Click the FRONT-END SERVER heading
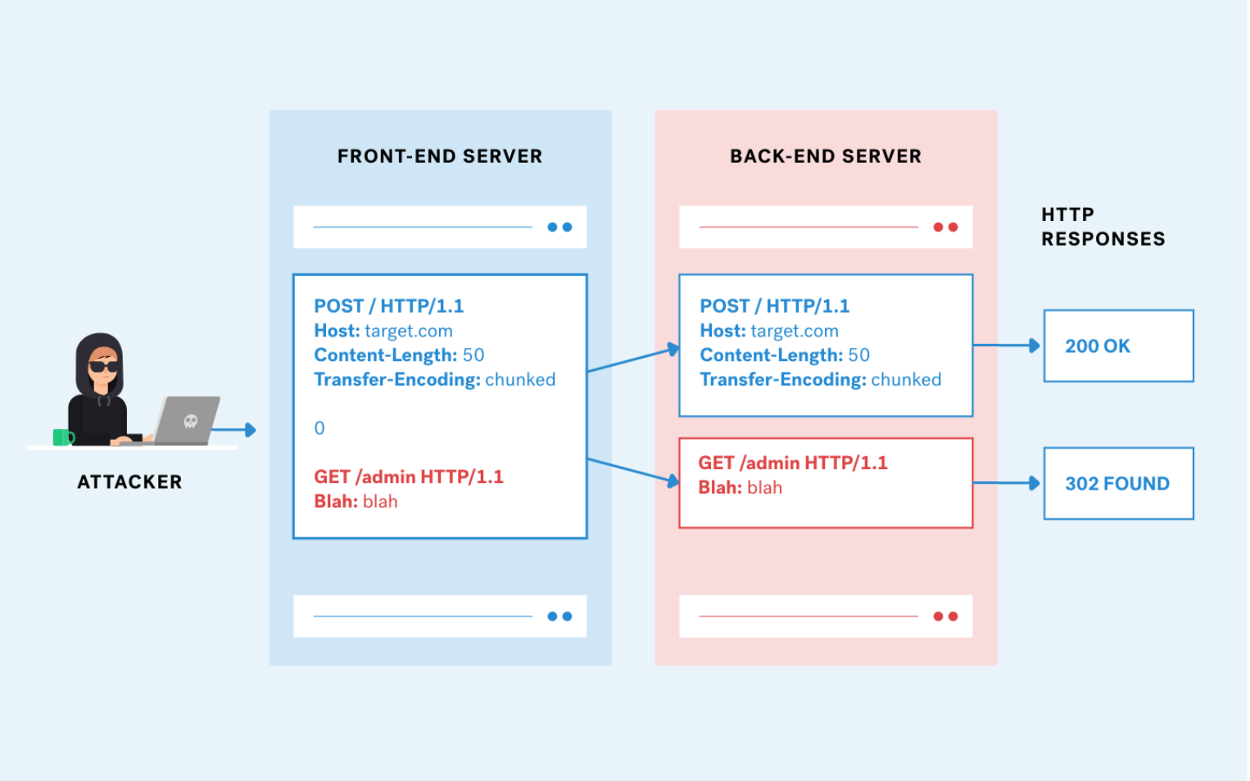coord(439,156)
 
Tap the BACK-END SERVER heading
coord(825,156)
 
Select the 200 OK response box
coord(1117,345)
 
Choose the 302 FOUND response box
coord(1117,483)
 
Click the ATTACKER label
coord(129,482)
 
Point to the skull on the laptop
coord(191,421)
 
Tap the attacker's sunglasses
coord(103,366)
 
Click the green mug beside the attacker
coord(61,437)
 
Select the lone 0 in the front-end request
coord(319,428)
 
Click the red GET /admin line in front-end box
coord(408,476)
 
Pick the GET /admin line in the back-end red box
coord(792,463)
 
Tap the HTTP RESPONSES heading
coord(1102,227)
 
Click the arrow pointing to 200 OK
coord(1007,345)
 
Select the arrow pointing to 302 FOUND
coord(1007,483)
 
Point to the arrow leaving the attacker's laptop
coord(238,430)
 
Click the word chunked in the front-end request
coord(520,380)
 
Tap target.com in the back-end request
coord(794,331)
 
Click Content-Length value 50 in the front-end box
coord(473,355)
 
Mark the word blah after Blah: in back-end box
coord(764,488)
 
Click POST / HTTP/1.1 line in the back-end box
coord(774,306)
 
